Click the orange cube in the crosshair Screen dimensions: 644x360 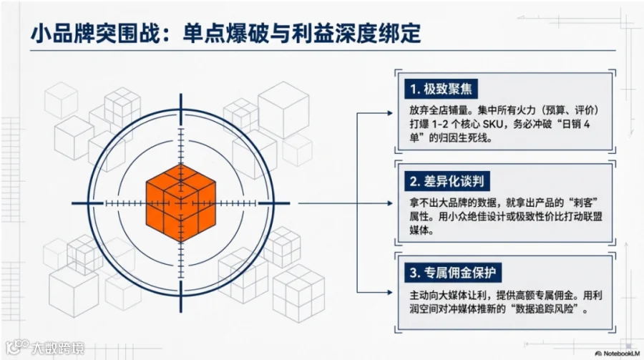(x=180, y=203)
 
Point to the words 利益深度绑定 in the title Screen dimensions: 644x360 (x=364, y=34)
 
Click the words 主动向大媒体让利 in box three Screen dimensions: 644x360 (x=444, y=295)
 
